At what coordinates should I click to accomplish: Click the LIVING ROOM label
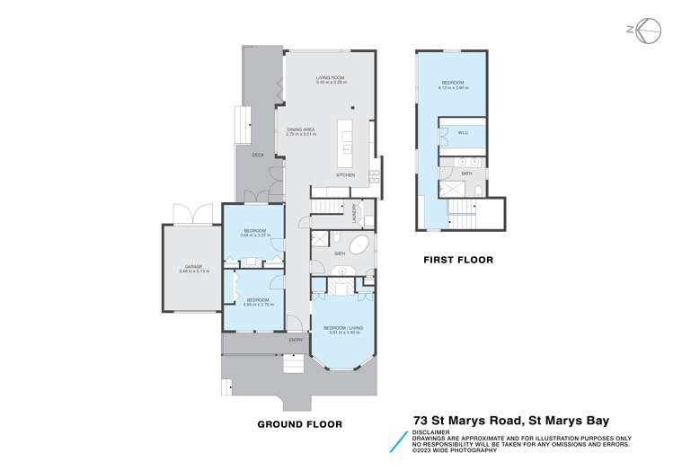click(330, 77)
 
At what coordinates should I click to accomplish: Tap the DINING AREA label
click(300, 130)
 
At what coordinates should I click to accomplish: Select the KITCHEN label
click(346, 173)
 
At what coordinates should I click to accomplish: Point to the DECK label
click(258, 155)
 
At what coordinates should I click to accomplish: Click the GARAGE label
click(192, 265)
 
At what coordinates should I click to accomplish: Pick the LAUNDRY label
click(356, 216)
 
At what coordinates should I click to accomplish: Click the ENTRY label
click(295, 340)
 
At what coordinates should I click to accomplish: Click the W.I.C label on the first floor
click(463, 133)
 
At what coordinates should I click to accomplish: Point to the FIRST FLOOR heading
click(459, 261)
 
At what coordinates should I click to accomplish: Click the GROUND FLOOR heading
click(299, 422)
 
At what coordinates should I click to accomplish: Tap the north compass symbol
click(637, 29)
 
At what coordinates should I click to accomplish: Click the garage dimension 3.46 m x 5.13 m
click(192, 271)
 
